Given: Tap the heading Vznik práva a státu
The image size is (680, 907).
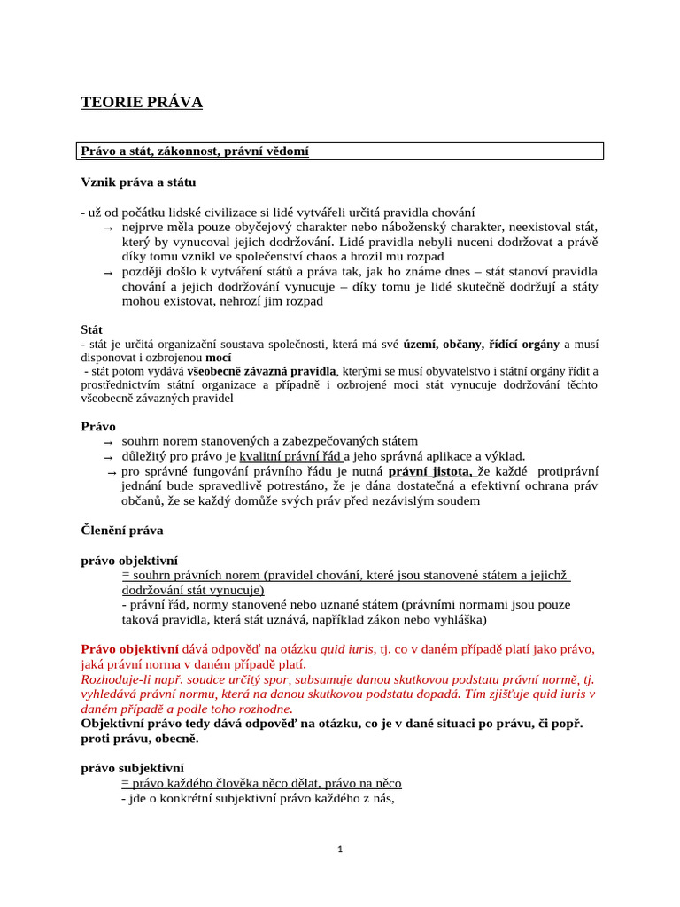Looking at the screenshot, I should coord(138,182).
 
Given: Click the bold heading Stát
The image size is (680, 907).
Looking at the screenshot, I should coord(91,329).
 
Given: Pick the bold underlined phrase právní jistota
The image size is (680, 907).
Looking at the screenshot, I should coord(430,470).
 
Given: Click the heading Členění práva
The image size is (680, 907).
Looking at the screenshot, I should coord(122,531).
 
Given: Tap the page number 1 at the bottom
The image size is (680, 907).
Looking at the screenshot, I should coord(340,849).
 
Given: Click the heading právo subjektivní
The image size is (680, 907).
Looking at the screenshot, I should coord(132,768).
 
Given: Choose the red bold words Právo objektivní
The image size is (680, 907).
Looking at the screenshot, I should coord(129,648).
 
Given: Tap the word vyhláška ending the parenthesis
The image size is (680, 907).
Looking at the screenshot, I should coord(460,619).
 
